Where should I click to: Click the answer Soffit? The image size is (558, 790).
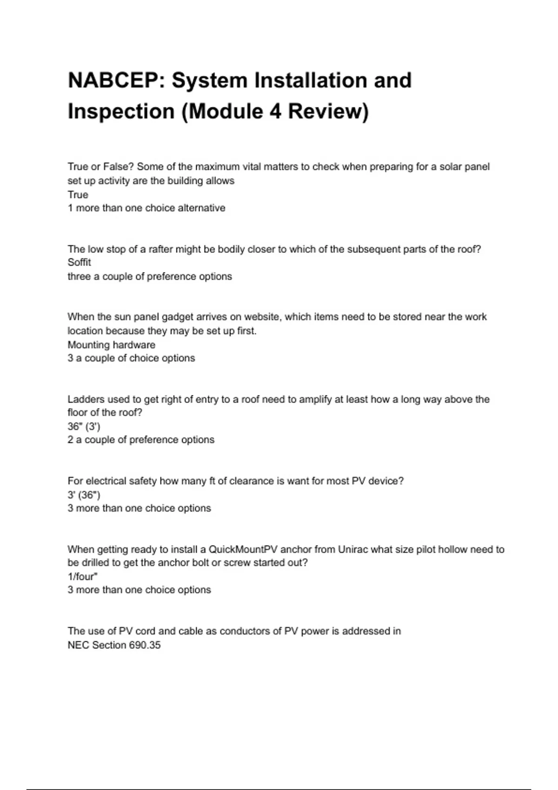pyautogui.click(x=79, y=263)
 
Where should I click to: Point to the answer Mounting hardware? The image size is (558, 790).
pyautogui.click(x=111, y=345)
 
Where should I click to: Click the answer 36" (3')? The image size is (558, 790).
pyautogui.click(x=84, y=426)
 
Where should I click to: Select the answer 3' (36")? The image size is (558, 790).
pyautogui.click(x=84, y=494)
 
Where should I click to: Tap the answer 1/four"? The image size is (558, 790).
pyautogui.click(x=82, y=576)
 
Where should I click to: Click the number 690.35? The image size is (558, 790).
pyautogui.click(x=145, y=645)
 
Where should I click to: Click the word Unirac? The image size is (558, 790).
pyautogui.click(x=352, y=549)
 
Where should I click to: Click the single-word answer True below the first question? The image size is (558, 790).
pyautogui.click(x=78, y=194)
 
